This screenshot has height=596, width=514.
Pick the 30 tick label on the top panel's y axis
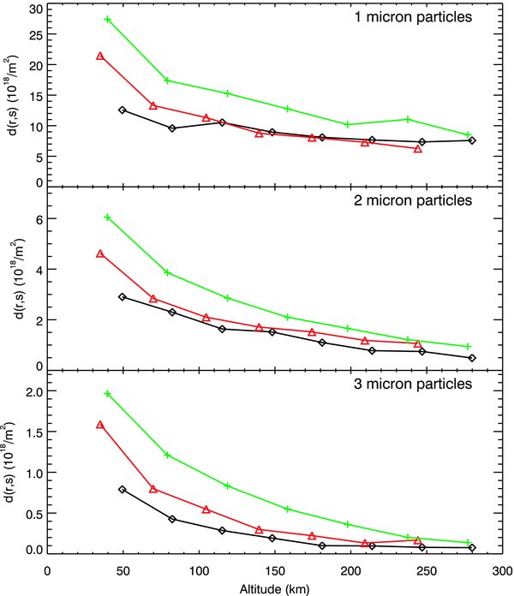pos(34,9)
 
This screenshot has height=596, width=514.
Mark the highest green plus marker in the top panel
pos(107,19)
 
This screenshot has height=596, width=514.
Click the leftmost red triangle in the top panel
pos(100,56)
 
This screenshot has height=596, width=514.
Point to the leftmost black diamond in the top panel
pos(123,110)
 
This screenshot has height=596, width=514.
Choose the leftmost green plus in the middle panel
pos(107,218)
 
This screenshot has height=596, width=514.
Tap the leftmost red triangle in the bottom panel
pos(100,424)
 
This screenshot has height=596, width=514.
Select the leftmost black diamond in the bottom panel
pos(123,489)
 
